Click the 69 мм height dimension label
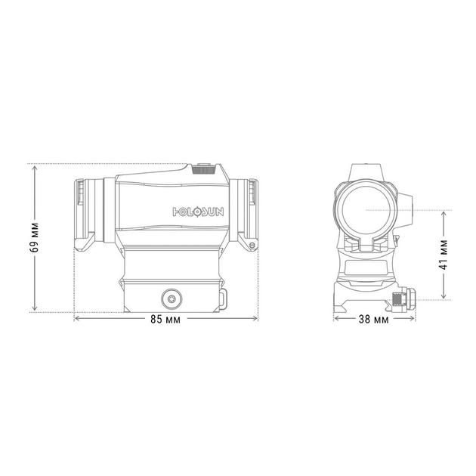(x=34, y=238)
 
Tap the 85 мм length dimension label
(x=165, y=320)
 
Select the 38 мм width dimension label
(x=373, y=320)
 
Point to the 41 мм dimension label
(x=444, y=255)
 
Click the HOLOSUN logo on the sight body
(x=198, y=212)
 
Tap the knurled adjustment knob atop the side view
(x=204, y=168)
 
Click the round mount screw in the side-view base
(x=172, y=299)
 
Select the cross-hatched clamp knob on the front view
(x=397, y=299)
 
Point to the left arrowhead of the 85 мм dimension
(x=77, y=318)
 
